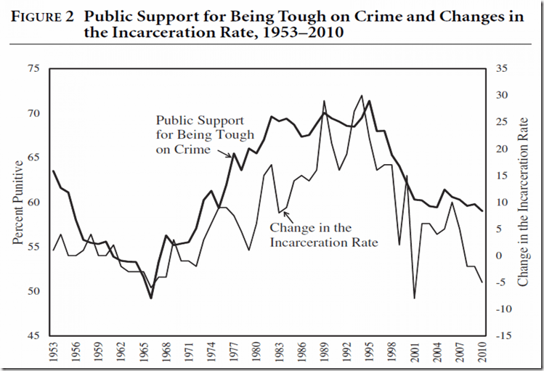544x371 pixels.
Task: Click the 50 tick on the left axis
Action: (32, 291)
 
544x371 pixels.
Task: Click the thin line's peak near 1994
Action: (362, 95)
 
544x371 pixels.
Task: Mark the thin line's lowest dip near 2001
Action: (415, 298)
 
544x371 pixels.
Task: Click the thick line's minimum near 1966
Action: (151, 298)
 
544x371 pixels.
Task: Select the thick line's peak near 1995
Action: (370, 101)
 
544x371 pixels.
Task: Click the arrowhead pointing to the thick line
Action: (232, 155)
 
